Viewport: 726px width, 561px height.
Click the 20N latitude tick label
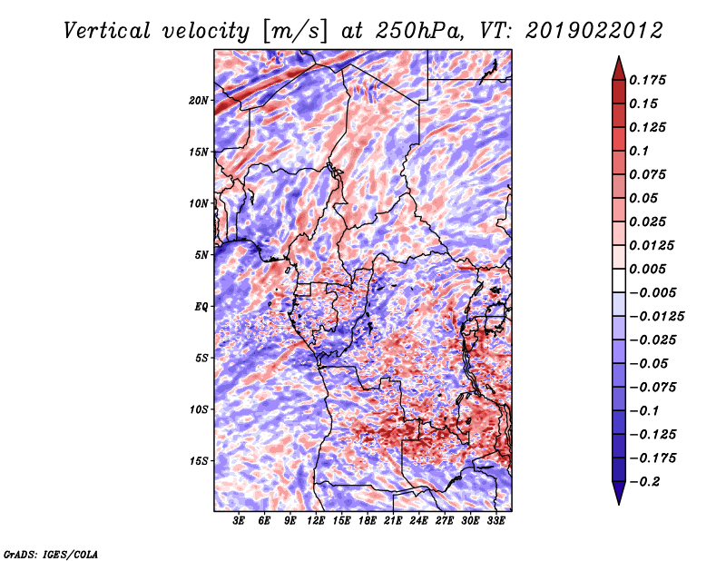(x=199, y=101)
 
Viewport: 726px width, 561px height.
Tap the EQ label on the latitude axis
(x=201, y=307)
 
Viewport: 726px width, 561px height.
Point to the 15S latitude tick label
(x=199, y=461)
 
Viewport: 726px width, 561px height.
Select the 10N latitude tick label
(x=199, y=203)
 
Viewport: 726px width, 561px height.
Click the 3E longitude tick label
(x=239, y=520)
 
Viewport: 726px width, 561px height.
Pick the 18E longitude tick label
(x=368, y=520)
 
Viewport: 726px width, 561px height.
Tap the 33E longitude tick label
(x=495, y=520)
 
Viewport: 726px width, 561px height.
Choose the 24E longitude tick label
(x=418, y=520)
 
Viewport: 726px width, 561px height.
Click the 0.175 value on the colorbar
(x=647, y=80)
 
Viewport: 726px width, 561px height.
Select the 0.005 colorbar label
(x=647, y=269)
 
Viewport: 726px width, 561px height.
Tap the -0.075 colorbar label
(x=652, y=388)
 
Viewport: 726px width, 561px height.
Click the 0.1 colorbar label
(x=639, y=151)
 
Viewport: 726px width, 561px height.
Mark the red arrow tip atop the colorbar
(x=619, y=56)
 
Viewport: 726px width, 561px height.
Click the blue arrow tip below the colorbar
(x=619, y=504)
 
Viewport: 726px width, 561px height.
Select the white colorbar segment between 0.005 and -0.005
(x=619, y=280)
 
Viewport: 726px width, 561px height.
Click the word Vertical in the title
(x=107, y=31)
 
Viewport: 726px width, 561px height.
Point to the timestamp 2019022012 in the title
(x=594, y=31)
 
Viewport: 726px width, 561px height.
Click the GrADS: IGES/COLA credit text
(x=51, y=555)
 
